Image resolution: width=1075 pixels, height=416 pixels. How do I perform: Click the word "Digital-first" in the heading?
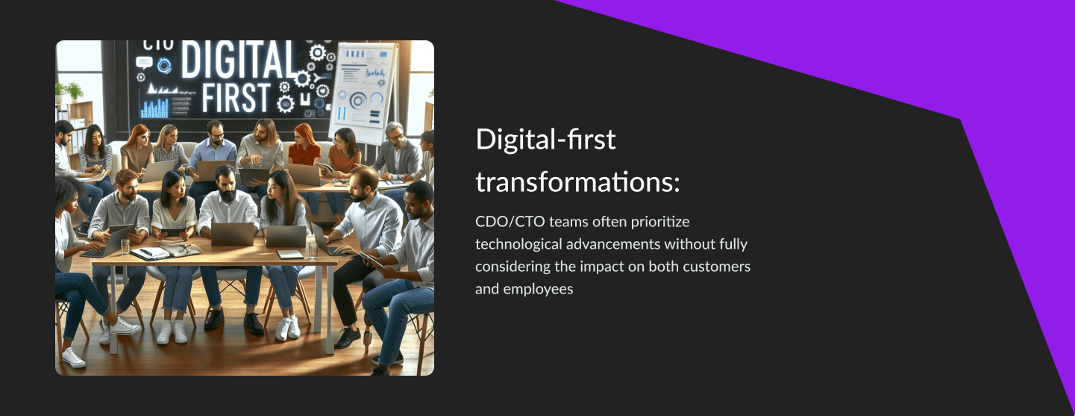pos(545,140)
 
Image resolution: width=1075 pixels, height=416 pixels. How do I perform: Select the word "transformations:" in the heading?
pos(578,183)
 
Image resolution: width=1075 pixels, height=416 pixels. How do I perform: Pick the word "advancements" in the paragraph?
pos(613,244)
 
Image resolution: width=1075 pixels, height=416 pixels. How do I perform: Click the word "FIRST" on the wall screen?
pos(236,98)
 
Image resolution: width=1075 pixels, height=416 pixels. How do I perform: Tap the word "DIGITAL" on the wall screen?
pos(239,60)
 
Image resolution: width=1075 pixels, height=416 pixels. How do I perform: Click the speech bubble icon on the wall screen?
pos(144,62)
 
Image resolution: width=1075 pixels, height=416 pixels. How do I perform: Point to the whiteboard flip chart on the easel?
pos(363,92)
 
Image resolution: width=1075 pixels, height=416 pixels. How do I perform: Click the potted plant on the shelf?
pos(74,92)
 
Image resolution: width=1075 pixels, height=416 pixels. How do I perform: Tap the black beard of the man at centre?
pos(228,194)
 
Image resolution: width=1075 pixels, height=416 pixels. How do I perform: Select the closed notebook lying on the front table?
pos(290,255)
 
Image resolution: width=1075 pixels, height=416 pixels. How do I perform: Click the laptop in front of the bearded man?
pos(233,235)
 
